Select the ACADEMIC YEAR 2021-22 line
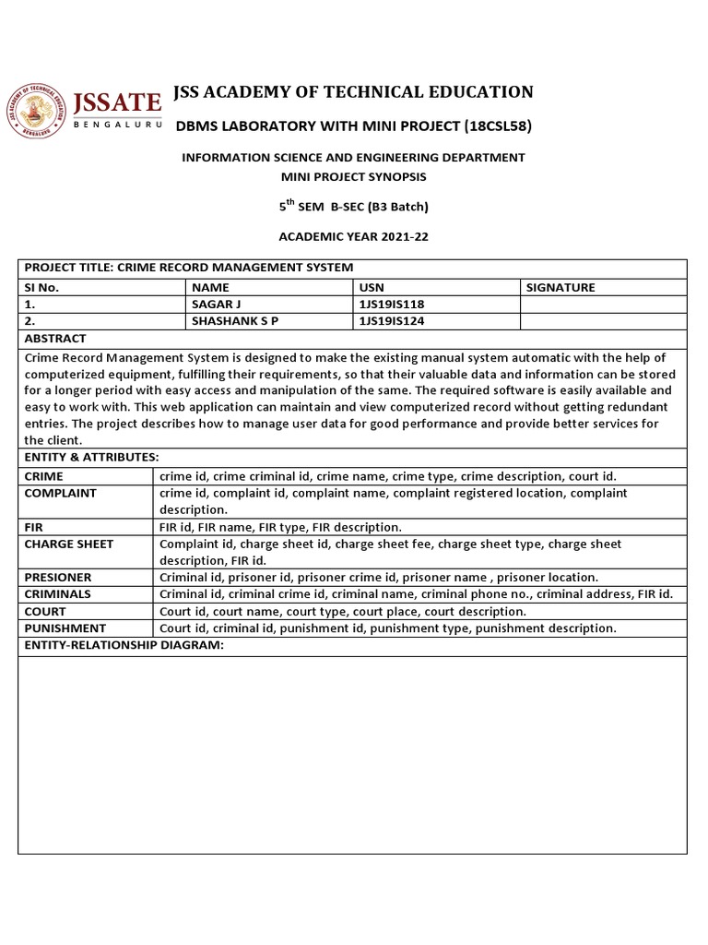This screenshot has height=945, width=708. pos(353,237)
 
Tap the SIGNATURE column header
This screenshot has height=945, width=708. pos(560,287)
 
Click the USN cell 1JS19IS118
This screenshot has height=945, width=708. pos(391,304)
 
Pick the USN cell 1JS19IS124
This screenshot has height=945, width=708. pos(391,321)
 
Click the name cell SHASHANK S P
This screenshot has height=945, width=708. pos(235,321)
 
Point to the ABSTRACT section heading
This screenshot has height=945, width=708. pos(55,338)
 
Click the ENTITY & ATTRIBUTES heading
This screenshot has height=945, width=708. pos(91,457)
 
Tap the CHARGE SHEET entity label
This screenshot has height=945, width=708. pos(69,544)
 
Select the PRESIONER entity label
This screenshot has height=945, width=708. pos(58,577)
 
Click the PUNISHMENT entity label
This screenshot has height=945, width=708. pos(65,628)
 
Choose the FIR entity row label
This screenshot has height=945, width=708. pos(33,527)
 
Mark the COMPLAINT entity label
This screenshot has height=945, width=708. pos(60,493)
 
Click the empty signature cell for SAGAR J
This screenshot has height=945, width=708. pos(603,304)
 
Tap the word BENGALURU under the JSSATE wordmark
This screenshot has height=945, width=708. pos(118,124)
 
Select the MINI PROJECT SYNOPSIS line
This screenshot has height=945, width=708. pos(353,175)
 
